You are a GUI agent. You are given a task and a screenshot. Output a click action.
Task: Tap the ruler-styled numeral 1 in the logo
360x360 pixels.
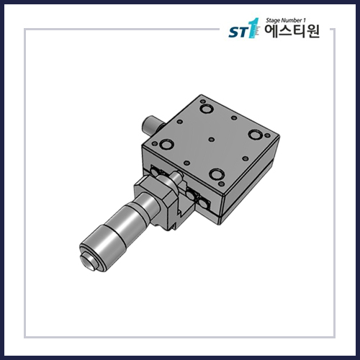251,32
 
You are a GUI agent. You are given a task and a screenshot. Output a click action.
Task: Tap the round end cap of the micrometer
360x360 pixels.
89,261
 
